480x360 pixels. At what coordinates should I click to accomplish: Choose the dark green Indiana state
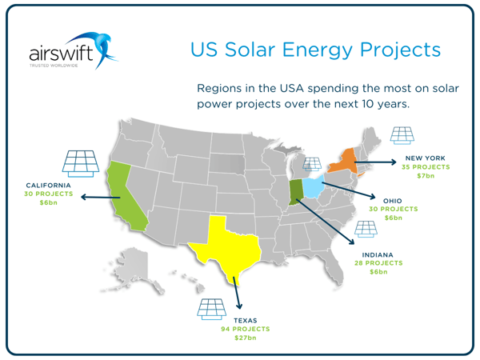tap(296, 192)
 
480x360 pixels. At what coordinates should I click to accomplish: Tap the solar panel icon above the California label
tap(80, 163)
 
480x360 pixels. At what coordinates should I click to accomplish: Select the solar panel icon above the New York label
tap(402, 136)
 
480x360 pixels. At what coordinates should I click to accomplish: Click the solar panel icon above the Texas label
tap(211, 308)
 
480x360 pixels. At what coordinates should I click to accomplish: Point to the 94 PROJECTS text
tap(246, 329)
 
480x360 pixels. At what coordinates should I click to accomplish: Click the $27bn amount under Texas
tap(246, 338)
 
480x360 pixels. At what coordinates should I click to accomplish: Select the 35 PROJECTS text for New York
tap(426, 167)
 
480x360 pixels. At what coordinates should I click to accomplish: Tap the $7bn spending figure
tap(426, 176)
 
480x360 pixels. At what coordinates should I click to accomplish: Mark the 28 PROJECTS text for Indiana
tap(378, 262)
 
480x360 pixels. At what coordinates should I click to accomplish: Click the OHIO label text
tap(393, 201)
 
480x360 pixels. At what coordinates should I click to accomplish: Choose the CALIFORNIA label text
tap(49, 185)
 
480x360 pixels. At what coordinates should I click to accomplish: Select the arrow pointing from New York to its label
tap(375, 162)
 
